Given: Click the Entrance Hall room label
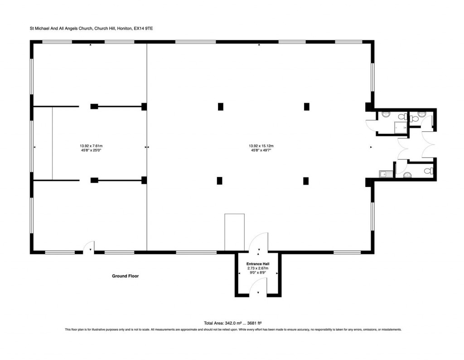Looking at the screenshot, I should coord(257,264).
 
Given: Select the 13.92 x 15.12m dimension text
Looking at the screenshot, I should coord(261,146).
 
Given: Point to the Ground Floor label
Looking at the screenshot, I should coord(126,276).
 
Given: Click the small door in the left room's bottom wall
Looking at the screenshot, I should coord(88,248).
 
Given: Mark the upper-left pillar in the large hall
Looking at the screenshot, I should coord(221,107).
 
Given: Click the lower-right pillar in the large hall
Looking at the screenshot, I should coord(306,181).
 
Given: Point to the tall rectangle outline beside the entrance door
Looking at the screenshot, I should coord(234,232).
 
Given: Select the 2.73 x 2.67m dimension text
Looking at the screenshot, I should coord(257,268).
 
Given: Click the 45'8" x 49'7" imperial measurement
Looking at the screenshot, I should coord(261,150).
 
